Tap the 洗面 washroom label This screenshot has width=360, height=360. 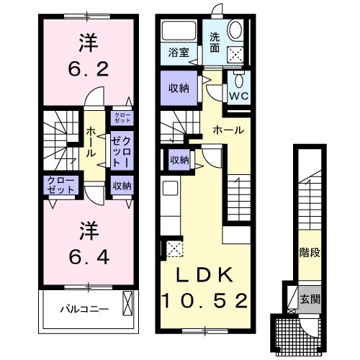pos(216,42)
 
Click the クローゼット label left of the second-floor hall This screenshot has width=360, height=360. pos(60,184)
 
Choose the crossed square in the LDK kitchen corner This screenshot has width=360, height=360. pos(174,250)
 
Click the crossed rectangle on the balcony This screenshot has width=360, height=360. pos(128,303)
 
